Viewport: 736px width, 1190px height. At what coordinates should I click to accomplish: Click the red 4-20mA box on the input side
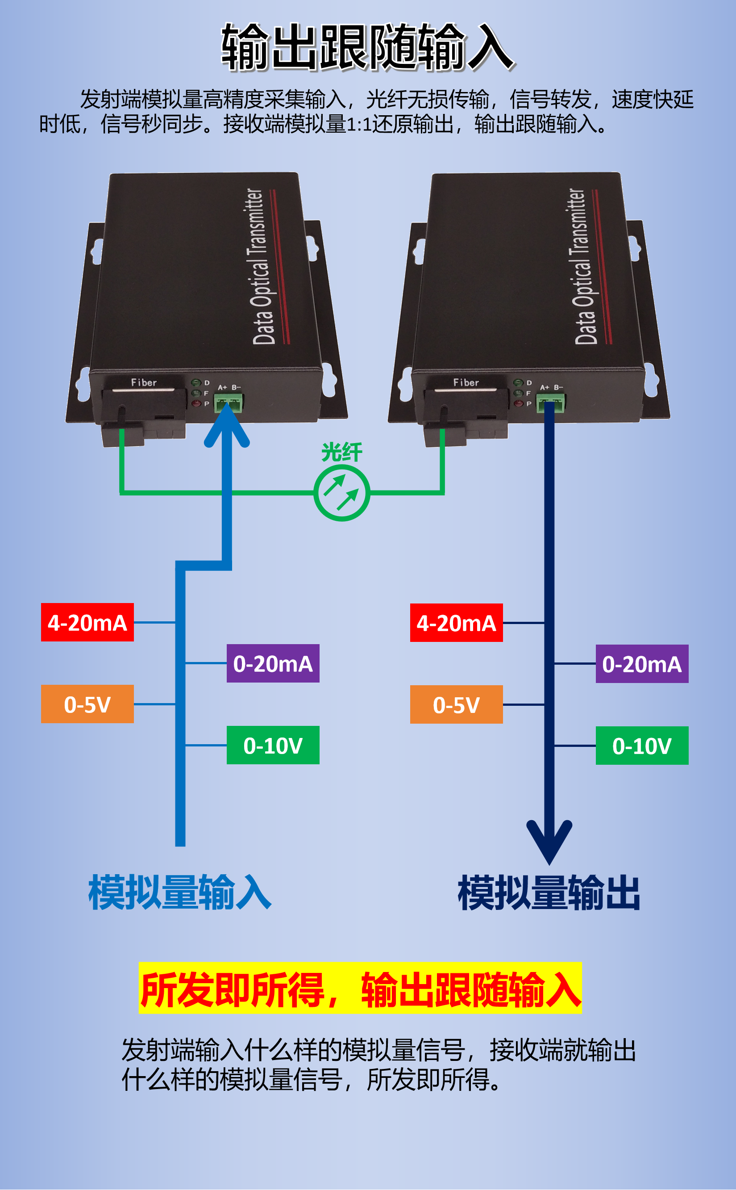click(87, 623)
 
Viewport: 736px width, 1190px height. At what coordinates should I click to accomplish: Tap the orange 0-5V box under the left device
click(87, 704)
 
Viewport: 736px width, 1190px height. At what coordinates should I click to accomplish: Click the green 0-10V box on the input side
click(273, 745)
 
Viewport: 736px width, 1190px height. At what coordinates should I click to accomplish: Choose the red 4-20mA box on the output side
click(456, 623)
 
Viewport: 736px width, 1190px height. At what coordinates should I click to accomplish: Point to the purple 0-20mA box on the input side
click(273, 663)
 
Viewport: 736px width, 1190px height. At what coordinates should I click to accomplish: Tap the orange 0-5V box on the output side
click(456, 705)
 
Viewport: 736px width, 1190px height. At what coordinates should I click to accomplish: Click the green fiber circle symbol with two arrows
click(342, 492)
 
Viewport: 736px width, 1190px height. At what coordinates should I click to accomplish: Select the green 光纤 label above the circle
click(342, 452)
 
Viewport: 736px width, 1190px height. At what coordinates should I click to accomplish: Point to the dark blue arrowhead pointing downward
click(549, 840)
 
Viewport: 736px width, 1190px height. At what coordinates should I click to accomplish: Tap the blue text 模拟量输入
click(179, 892)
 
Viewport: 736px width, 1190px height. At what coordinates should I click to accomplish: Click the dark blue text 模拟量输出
click(549, 893)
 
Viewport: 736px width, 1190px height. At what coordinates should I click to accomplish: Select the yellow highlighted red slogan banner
click(360, 989)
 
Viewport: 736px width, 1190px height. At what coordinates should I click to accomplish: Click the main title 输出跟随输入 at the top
click(367, 48)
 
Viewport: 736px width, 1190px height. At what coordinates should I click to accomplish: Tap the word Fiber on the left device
click(144, 383)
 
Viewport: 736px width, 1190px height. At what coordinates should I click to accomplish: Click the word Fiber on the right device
click(466, 383)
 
